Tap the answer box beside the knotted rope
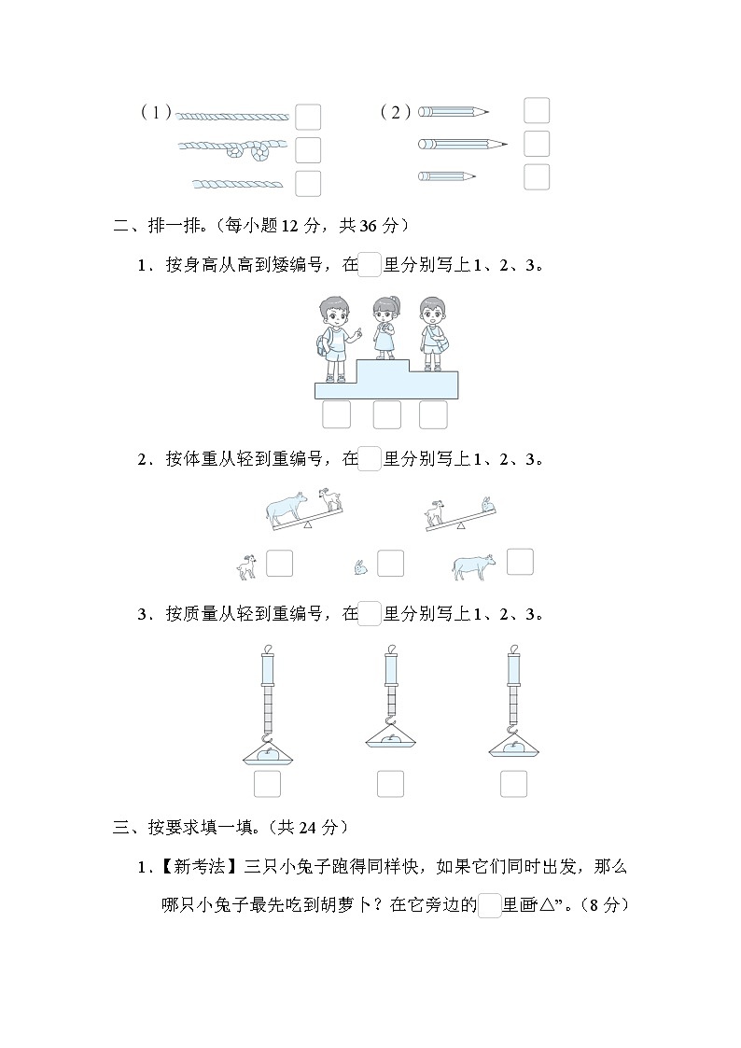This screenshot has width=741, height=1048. [307, 149]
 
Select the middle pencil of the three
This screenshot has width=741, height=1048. [461, 144]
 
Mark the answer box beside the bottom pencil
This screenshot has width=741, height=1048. [536, 176]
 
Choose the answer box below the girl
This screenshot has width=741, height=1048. [386, 414]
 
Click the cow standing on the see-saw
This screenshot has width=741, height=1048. [287, 507]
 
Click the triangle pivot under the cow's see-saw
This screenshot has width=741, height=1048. [308, 526]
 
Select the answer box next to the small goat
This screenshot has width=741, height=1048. [279, 564]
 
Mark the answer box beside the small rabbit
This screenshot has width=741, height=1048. [390, 564]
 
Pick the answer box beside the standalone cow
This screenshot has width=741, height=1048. [520, 561]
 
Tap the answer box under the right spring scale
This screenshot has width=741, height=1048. [513, 784]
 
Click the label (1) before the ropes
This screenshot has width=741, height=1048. [156, 113]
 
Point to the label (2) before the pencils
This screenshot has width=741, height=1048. [396, 113]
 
